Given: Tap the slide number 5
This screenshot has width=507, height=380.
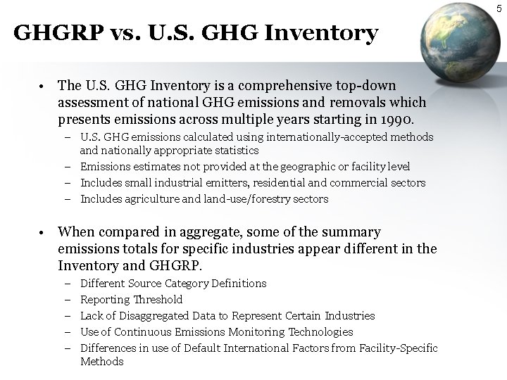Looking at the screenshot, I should (499, 8).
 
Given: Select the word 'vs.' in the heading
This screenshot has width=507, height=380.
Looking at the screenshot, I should (110, 32).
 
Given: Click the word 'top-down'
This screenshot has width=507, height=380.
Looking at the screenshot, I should (370, 85).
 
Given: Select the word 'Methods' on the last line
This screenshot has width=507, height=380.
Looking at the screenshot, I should (101, 362).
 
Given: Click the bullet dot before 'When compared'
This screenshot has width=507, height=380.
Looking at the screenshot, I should (43, 232).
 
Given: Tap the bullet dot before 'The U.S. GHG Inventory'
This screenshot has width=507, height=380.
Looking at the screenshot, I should (43, 86).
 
